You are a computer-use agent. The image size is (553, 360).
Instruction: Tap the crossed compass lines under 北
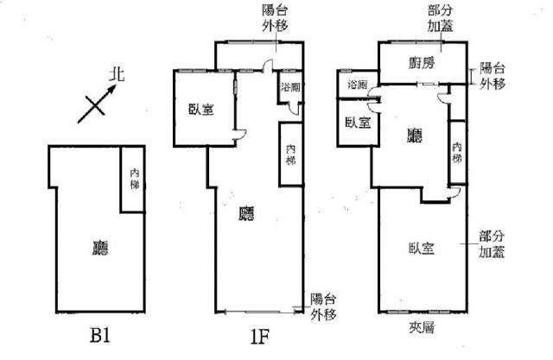coord(95,107)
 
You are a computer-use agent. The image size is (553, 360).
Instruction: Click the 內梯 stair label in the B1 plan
coord(135,180)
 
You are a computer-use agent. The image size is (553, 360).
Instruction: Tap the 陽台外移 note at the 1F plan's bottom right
coord(324,304)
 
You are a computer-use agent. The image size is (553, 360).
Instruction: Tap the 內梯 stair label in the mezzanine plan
coord(456,153)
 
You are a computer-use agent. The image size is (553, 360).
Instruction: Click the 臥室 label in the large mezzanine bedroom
coord(421,248)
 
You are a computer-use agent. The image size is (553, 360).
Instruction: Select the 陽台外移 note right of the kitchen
coord(493,76)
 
